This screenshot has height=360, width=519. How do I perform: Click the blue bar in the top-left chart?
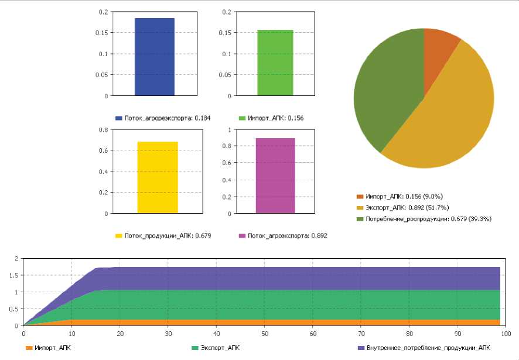[x=155, y=57]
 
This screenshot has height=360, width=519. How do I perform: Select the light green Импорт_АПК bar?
[x=275, y=63]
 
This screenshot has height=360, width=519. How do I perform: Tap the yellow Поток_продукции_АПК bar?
[x=158, y=177]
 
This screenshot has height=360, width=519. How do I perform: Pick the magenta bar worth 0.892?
[x=275, y=176]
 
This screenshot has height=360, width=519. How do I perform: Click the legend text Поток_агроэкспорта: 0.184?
[x=158, y=118]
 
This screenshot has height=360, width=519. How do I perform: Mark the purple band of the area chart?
[x=293, y=278]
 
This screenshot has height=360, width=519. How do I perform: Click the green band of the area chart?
[x=293, y=304]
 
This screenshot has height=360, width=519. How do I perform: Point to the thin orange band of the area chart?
[x=293, y=322]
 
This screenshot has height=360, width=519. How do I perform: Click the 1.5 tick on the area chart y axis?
[x=16, y=275]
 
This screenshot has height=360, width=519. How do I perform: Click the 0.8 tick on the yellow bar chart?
[x=104, y=129]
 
